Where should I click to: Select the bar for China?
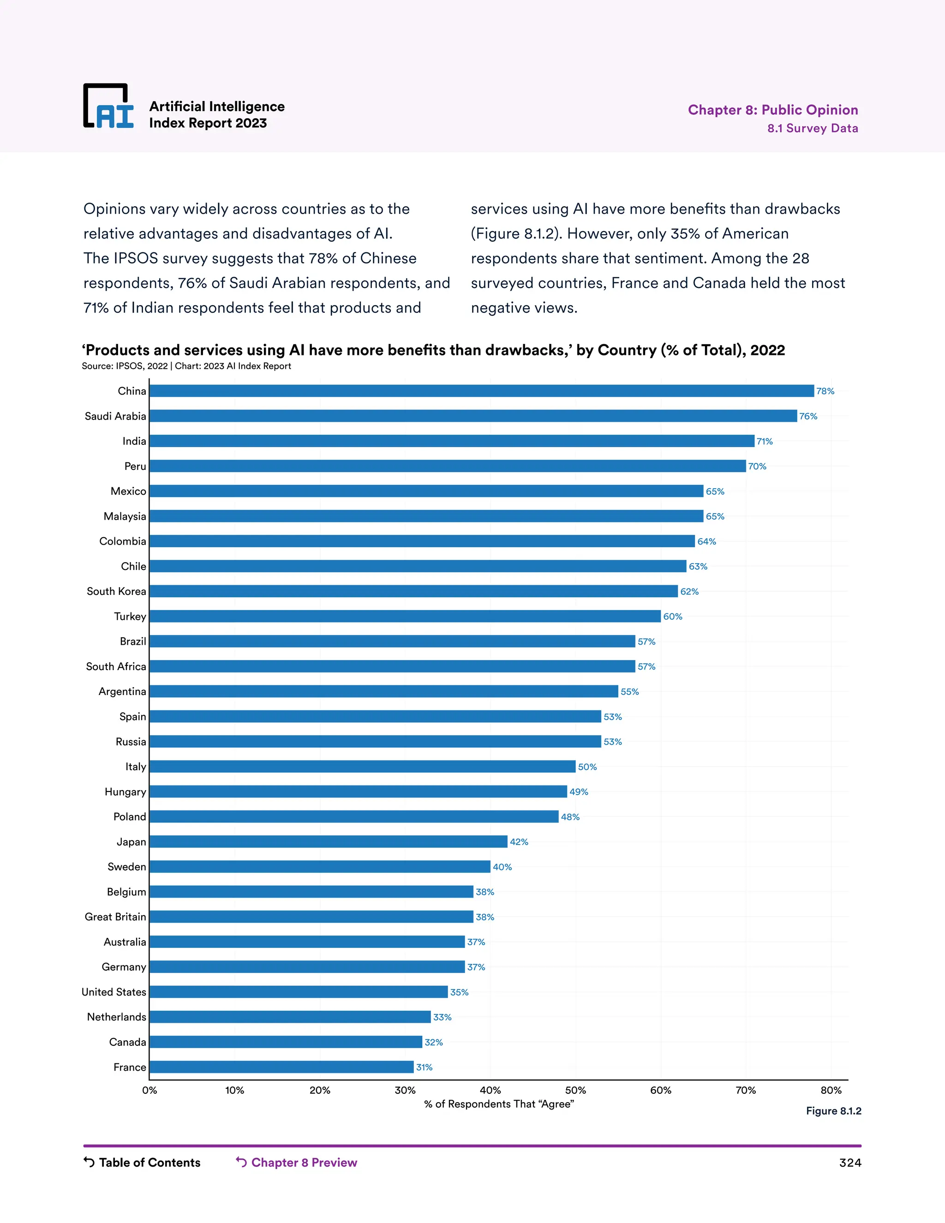tap(481, 391)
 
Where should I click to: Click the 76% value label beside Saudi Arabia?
tap(808, 416)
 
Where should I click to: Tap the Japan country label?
tap(131, 842)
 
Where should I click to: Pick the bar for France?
tap(281, 1067)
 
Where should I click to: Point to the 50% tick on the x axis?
tap(575, 1090)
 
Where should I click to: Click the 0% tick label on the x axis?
tap(150, 1090)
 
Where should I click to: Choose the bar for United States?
tap(299, 992)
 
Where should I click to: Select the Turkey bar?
tap(405, 616)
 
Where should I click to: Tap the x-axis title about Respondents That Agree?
tap(499, 1104)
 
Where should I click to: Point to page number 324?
tap(850, 1163)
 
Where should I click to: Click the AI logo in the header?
tap(108, 107)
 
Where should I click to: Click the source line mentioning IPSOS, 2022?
tap(186, 366)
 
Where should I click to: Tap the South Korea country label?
tap(116, 591)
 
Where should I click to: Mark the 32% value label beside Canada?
tap(433, 1042)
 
